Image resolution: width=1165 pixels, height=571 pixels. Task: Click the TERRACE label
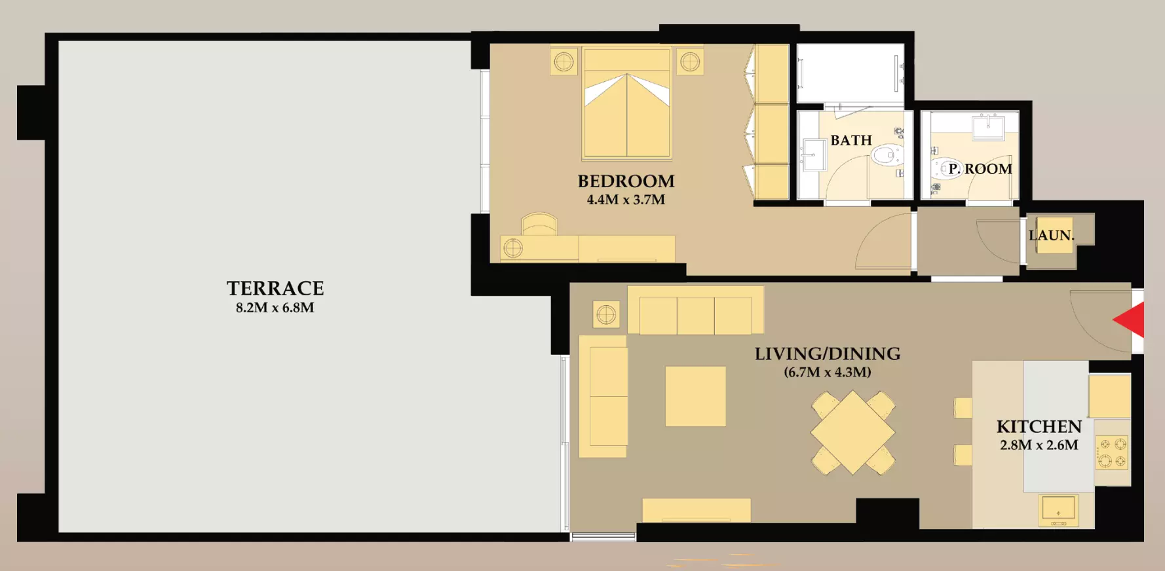[275, 288]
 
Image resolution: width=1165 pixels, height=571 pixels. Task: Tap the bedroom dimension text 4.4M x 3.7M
[626, 200]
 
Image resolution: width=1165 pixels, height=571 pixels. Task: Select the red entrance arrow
[1129, 320]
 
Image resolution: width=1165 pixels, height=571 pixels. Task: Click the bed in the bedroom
[627, 103]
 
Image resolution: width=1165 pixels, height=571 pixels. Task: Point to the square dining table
[853, 432]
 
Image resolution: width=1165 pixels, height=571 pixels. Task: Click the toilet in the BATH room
[885, 156]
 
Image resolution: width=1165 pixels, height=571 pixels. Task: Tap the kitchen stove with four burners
[1113, 453]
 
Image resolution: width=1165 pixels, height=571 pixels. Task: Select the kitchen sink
[1058, 510]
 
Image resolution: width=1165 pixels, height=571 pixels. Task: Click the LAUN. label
[1052, 236]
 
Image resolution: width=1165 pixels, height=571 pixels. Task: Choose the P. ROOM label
[980, 169]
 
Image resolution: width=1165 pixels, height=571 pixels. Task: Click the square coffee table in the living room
[696, 396]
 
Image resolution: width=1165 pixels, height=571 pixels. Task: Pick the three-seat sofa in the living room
[696, 310]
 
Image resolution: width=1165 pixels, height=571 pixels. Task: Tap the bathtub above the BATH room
[850, 73]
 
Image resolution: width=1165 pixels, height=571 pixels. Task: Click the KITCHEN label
[1039, 427]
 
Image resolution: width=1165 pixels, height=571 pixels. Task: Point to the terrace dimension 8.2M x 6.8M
[275, 308]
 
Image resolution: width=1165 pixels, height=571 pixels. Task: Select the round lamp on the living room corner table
[607, 315]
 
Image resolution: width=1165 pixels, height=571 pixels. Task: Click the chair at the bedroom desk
[539, 224]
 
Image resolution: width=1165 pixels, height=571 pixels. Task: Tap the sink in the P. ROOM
[988, 126]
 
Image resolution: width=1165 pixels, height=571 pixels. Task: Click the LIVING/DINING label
[828, 354]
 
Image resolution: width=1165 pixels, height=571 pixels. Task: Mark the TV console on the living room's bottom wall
[697, 510]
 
